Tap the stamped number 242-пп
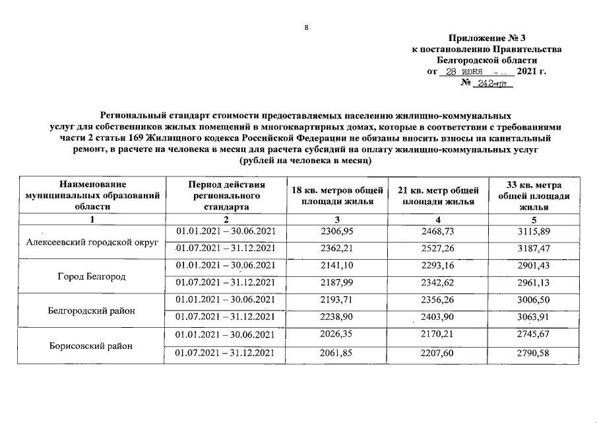[491, 83]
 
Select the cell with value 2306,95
[336, 231]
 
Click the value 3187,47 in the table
[534, 248]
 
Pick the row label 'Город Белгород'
[92, 275]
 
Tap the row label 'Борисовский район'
[92, 346]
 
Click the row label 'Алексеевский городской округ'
[92, 242]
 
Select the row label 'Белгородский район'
[92, 309]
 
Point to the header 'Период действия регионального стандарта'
[226, 196]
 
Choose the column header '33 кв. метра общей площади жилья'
[534, 196]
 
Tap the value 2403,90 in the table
[438, 318]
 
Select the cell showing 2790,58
[534, 353]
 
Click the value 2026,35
[336, 336]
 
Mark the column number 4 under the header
[438, 219]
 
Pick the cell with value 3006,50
[534, 301]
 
